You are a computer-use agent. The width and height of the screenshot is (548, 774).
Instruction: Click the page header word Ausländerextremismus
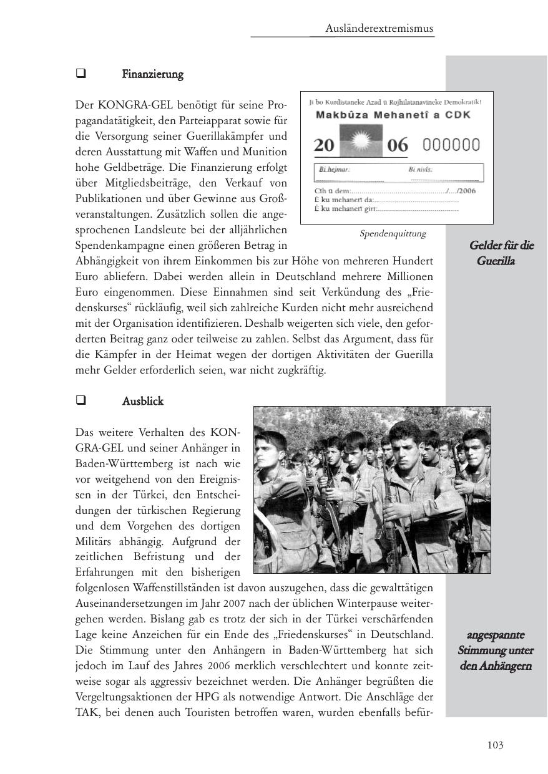(379, 29)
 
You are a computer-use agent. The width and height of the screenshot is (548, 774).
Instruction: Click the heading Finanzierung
(152, 75)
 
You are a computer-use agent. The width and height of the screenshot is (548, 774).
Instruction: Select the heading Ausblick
(142, 401)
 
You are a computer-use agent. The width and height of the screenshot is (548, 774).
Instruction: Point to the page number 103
(495, 745)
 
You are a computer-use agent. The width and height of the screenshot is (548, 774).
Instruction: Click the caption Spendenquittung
(393, 234)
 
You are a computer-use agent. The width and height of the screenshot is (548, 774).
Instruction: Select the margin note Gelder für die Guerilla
(500, 253)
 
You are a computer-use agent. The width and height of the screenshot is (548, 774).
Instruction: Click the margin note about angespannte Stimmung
(496, 651)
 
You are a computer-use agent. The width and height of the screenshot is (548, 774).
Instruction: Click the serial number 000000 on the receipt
(451, 145)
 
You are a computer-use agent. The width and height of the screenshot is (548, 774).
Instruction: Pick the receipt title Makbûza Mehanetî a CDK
(393, 115)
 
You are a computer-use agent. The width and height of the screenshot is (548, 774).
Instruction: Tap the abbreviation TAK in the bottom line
(86, 711)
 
